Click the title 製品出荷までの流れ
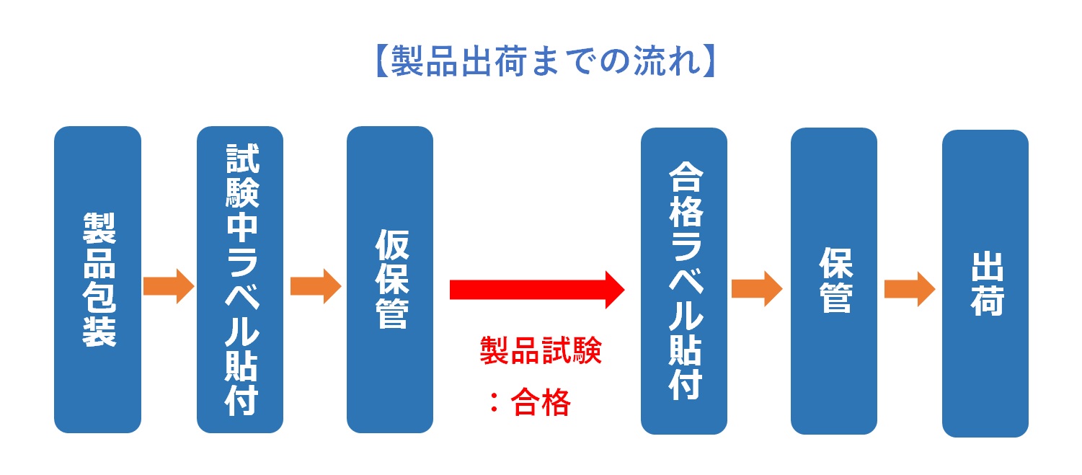pos(546,61)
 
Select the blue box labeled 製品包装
pos(97,280)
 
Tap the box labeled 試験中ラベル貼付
pos(240,280)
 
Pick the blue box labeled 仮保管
pos(390,280)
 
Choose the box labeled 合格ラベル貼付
pos(684,281)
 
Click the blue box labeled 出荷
pos(985,284)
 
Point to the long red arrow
pos(537,290)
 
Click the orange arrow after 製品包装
pos(169,286)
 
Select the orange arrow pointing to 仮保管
pos(316,286)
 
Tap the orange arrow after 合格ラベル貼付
pos(757,288)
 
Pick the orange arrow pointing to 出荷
pos(910,289)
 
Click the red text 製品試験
pos(541,350)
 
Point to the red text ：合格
pos(530,402)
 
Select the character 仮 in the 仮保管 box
pos(391,244)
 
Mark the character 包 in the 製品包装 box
pos(99,297)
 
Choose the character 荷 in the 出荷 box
pos(988,300)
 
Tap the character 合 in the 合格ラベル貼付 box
pos(686,177)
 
